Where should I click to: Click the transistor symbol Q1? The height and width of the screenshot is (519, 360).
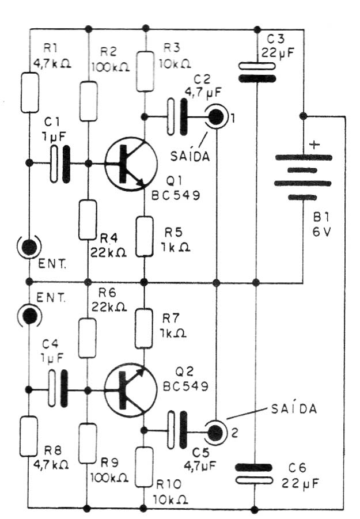[x=131, y=164]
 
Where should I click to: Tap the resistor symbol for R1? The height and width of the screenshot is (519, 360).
[x=30, y=93]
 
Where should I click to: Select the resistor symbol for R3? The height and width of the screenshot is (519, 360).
[x=145, y=71]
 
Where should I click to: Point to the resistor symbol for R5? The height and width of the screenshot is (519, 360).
[x=145, y=236]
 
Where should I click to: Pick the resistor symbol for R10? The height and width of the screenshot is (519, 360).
[x=145, y=467]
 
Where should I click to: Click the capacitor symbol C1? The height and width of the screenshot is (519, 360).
[x=60, y=164]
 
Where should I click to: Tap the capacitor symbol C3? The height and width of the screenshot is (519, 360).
[x=257, y=72]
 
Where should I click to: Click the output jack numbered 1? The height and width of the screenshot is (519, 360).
[x=217, y=116]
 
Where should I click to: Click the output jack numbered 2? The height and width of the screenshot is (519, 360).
[x=215, y=432]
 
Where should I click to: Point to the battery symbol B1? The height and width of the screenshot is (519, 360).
[x=303, y=178]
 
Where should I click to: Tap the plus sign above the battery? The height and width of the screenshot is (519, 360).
[x=314, y=145]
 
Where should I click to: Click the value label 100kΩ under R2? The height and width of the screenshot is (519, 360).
[x=111, y=67]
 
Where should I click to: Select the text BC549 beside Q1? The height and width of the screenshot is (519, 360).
[x=176, y=195]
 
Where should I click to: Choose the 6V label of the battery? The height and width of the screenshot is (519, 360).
[x=321, y=232]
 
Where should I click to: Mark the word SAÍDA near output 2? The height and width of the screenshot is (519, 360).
[x=294, y=409]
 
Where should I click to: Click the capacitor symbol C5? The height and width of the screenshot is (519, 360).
[x=177, y=430]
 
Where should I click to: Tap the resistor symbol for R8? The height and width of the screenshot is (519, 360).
[x=29, y=436]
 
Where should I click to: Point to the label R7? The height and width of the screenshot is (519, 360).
[x=170, y=319]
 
